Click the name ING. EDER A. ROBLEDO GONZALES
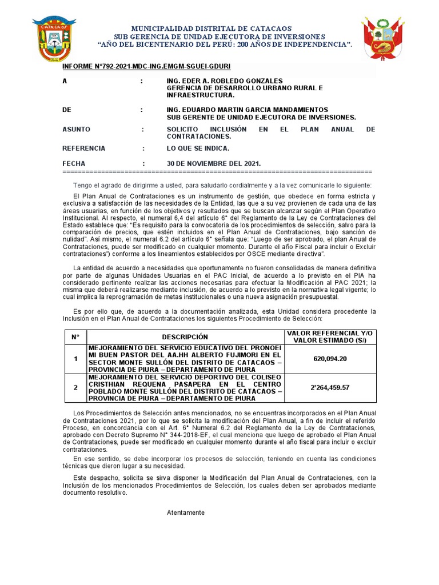[x=225, y=81]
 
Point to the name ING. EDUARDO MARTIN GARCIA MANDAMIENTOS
[x=248, y=109]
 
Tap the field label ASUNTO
[x=76, y=130]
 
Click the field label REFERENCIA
[x=83, y=149]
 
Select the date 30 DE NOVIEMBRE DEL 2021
[x=213, y=163]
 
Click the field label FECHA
[x=74, y=163]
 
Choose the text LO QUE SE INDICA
[x=198, y=149]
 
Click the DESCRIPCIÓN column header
[x=185, y=337]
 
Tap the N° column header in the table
[x=75, y=337]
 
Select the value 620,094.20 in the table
[x=330, y=359]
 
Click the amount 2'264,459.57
[x=330, y=388]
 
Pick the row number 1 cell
[x=75, y=359]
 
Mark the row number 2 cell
[x=75, y=388]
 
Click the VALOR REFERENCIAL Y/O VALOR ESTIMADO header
[x=330, y=337]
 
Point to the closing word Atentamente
[x=186, y=512]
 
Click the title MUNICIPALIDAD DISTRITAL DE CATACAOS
[x=211, y=28]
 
